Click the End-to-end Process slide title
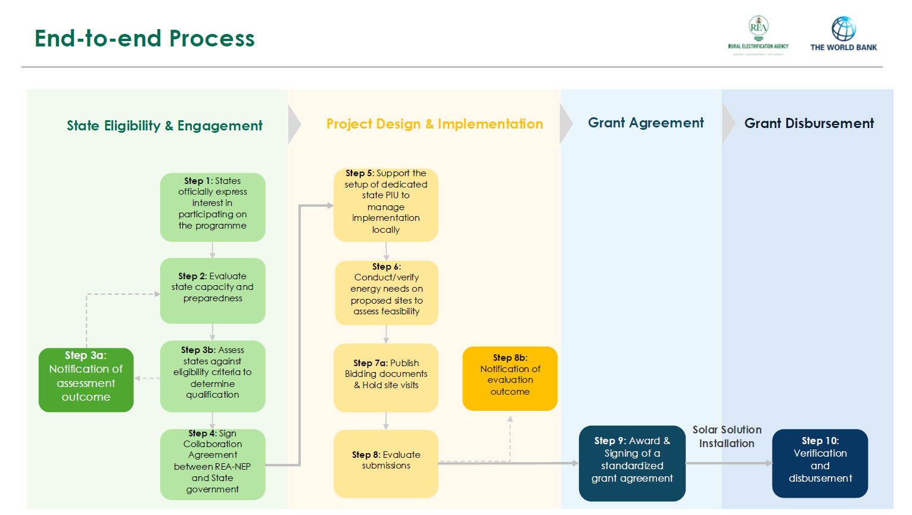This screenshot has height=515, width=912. (144, 38)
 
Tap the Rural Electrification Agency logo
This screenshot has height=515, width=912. (758, 35)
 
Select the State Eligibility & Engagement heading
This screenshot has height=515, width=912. (164, 126)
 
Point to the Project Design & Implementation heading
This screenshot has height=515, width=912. (434, 124)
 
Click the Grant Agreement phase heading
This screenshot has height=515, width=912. (646, 123)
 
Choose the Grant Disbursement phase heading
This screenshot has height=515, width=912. (809, 123)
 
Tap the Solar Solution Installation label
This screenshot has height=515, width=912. (727, 436)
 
